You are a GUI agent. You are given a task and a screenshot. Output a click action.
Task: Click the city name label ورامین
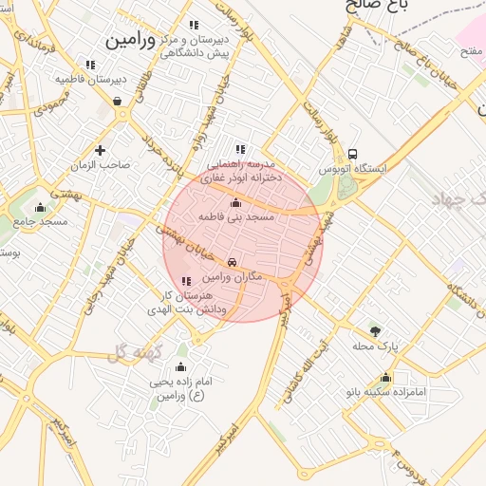(128, 42)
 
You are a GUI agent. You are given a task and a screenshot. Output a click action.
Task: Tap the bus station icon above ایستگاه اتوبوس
(353, 154)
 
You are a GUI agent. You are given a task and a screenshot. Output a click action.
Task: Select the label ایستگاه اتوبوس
(353, 169)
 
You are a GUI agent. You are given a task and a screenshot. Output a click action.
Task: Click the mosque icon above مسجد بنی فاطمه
(235, 202)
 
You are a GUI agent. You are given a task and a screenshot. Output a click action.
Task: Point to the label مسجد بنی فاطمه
(235, 217)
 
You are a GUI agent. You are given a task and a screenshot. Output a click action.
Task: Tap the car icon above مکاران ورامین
(232, 262)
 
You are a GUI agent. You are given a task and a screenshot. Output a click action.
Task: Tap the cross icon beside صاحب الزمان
(100, 150)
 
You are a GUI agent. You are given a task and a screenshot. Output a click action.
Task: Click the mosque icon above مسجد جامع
(40, 208)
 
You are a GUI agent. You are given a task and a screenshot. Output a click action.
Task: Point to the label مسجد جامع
(40, 222)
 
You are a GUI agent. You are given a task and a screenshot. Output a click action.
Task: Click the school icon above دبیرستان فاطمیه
(90, 65)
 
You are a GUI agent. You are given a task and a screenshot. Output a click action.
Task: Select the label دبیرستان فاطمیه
(90, 79)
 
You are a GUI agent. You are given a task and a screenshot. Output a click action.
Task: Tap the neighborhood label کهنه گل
(137, 352)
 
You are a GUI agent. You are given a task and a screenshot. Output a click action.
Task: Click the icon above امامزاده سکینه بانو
(384, 377)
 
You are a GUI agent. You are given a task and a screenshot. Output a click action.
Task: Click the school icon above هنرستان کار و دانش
(185, 281)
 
